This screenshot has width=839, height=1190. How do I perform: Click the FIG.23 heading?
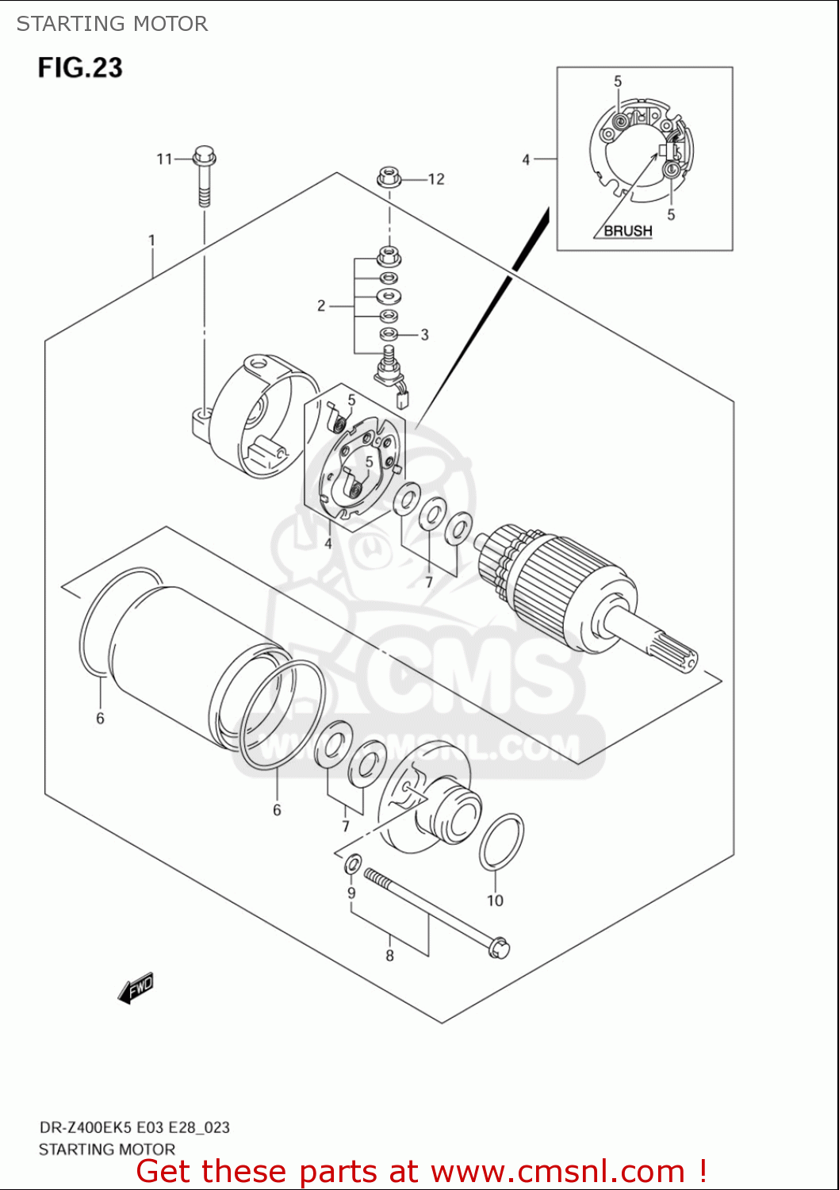[80, 68]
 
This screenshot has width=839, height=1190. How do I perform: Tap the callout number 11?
[164, 159]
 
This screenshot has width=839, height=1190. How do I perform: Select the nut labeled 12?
[388, 177]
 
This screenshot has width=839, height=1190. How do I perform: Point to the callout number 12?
[436, 179]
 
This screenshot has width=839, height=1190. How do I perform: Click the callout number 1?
[151, 240]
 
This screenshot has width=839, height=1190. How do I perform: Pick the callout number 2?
[321, 305]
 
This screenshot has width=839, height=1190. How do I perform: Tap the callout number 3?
[424, 335]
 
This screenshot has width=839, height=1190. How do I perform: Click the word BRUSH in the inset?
[628, 231]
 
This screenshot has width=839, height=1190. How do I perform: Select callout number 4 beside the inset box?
[526, 159]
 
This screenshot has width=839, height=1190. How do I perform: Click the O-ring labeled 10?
[501, 842]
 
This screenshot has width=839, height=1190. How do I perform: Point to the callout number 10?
[495, 900]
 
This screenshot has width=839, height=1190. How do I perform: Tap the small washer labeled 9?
[354, 863]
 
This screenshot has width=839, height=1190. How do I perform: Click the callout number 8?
[389, 956]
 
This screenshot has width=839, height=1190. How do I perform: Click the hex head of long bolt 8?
[499, 947]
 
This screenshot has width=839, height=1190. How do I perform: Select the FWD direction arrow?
[136, 988]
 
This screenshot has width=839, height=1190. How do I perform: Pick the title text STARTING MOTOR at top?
[112, 24]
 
